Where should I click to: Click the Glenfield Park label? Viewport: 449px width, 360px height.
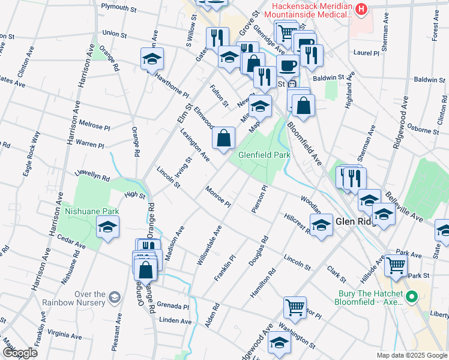tap(265, 154)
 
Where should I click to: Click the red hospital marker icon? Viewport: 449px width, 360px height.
tap(361, 8)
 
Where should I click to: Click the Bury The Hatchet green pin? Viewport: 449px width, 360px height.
tap(412, 297)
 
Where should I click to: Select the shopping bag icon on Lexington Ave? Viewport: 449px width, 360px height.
tap(223, 139)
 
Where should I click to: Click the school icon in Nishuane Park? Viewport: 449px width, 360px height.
tap(108, 227)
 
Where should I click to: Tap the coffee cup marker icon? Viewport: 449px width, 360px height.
tap(288, 64)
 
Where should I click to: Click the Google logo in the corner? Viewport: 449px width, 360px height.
tap(20, 353)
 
